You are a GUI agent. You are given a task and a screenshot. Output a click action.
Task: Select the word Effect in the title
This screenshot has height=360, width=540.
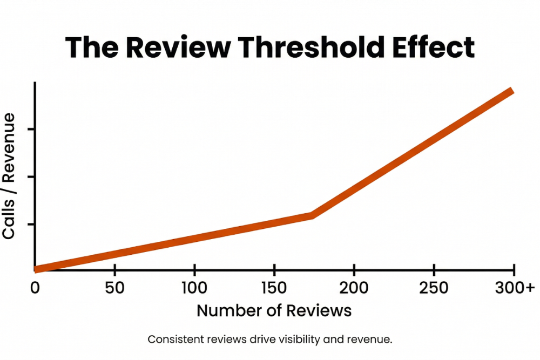432,47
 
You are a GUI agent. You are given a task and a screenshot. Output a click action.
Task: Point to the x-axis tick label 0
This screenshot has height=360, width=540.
35,288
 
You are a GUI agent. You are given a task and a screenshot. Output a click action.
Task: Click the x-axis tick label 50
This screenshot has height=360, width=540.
114,288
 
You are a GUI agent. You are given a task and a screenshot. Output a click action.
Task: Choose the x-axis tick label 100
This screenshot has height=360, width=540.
194,288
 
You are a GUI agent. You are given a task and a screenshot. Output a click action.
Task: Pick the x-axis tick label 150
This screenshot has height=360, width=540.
274,288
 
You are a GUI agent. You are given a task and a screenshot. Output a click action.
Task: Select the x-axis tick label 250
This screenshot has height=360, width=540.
434,288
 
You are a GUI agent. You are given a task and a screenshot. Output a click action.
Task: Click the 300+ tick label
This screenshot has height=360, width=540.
513,288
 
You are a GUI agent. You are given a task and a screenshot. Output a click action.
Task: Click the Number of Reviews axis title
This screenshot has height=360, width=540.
274,311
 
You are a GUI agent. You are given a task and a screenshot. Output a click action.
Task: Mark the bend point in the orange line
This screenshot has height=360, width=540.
312,215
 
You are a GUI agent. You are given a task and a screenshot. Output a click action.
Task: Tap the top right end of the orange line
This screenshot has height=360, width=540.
511,91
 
